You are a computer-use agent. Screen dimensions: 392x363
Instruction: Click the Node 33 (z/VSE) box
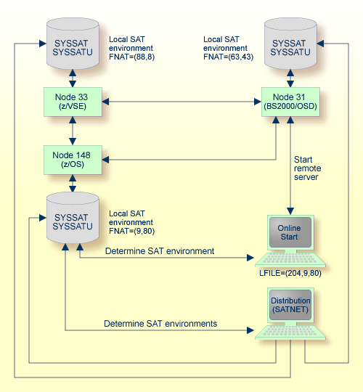(73, 101)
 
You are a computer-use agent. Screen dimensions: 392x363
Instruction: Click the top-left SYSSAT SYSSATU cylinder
(73, 42)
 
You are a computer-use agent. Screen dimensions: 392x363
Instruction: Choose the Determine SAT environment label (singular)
(160, 251)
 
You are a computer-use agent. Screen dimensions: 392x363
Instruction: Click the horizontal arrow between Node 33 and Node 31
(181, 101)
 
